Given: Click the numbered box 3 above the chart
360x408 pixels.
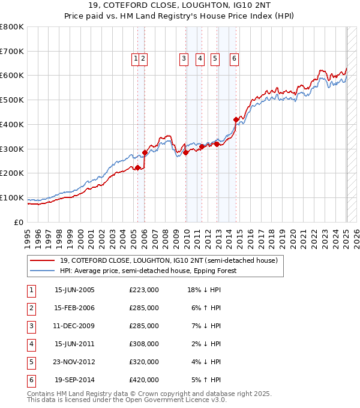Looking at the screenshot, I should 183,59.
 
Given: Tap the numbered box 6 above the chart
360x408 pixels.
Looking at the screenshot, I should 234,59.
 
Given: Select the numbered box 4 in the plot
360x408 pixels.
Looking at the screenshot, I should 200,59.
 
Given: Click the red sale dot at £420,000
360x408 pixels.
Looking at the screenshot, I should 236,120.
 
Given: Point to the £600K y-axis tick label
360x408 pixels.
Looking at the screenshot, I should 12,76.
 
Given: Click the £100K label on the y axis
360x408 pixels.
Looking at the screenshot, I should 12,197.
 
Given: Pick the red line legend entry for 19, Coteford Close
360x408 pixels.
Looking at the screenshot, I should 168,261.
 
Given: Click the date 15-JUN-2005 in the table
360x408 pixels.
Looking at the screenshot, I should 74,290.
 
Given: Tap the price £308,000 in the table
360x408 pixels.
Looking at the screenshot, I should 144,344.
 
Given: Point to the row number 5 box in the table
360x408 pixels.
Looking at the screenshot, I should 30,362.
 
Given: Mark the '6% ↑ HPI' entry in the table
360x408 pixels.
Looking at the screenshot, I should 206,308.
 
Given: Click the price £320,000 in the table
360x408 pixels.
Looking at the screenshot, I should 144,362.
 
